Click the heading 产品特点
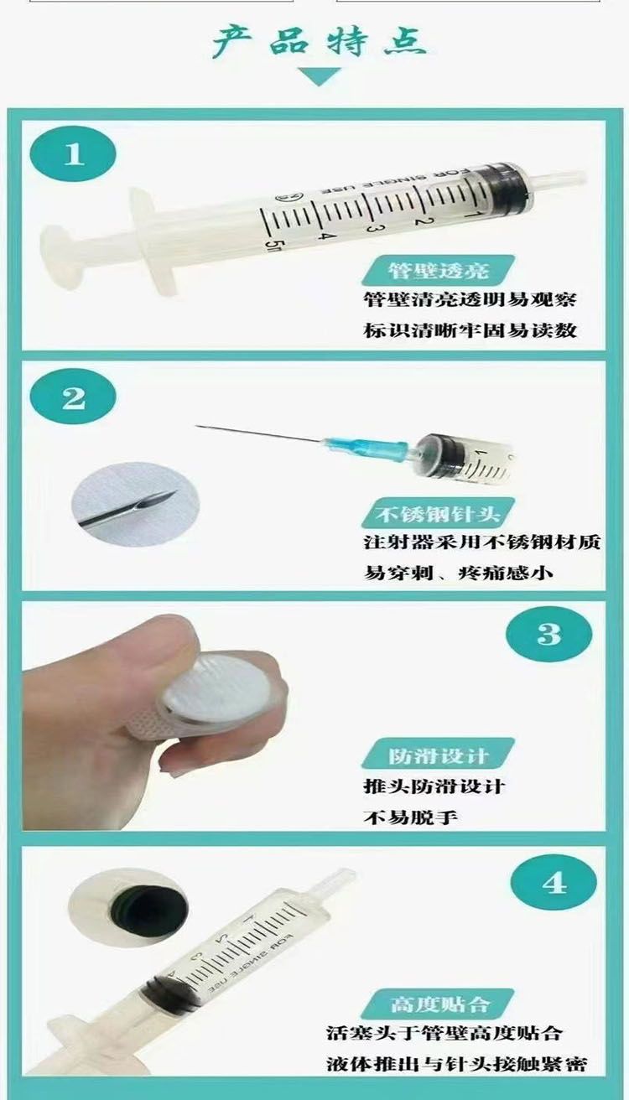[x=320, y=41]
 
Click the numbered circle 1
[x=73, y=154]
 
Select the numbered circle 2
[x=73, y=397]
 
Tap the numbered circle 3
[x=548, y=634]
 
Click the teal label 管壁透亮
[x=438, y=270]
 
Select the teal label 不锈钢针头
[x=438, y=514]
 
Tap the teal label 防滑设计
[x=438, y=753]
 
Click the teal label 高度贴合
[x=438, y=1004]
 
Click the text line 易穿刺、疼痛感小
[x=458, y=573]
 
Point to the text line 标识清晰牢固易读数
[x=470, y=330]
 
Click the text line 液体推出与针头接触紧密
[x=456, y=1064]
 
